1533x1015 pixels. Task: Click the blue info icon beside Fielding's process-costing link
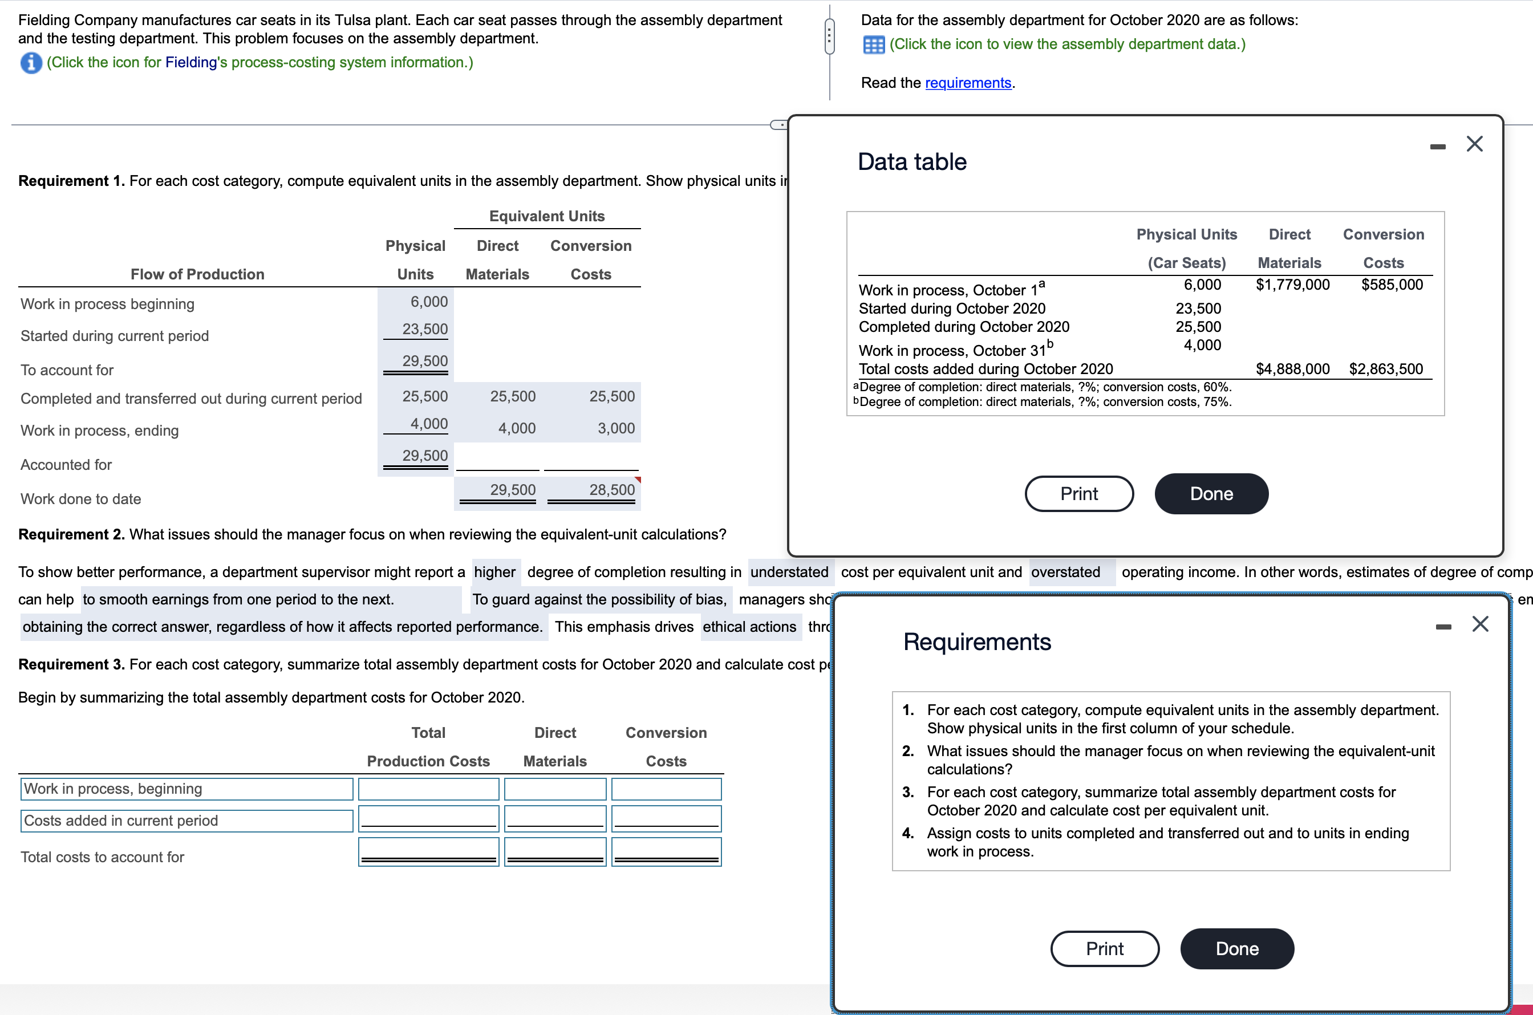point(31,63)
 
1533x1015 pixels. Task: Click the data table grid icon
point(873,44)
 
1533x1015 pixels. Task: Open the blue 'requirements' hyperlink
point(968,83)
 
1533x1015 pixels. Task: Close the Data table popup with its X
point(1474,144)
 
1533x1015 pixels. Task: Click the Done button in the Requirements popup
point(1236,948)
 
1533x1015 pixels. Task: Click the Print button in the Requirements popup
point(1105,948)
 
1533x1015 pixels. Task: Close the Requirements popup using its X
point(1480,623)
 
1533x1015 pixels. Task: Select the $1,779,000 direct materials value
point(1292,285)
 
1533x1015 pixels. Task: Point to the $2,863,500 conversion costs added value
point(1385,369)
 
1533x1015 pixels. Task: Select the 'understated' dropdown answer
point(789,573)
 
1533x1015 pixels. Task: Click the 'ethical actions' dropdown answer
point(749,627)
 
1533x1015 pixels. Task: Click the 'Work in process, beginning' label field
point(186,789)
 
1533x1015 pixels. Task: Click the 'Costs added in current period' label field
point(186,821)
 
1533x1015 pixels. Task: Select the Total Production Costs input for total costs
point(428,852)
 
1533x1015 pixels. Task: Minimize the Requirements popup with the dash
point(1443,627)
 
